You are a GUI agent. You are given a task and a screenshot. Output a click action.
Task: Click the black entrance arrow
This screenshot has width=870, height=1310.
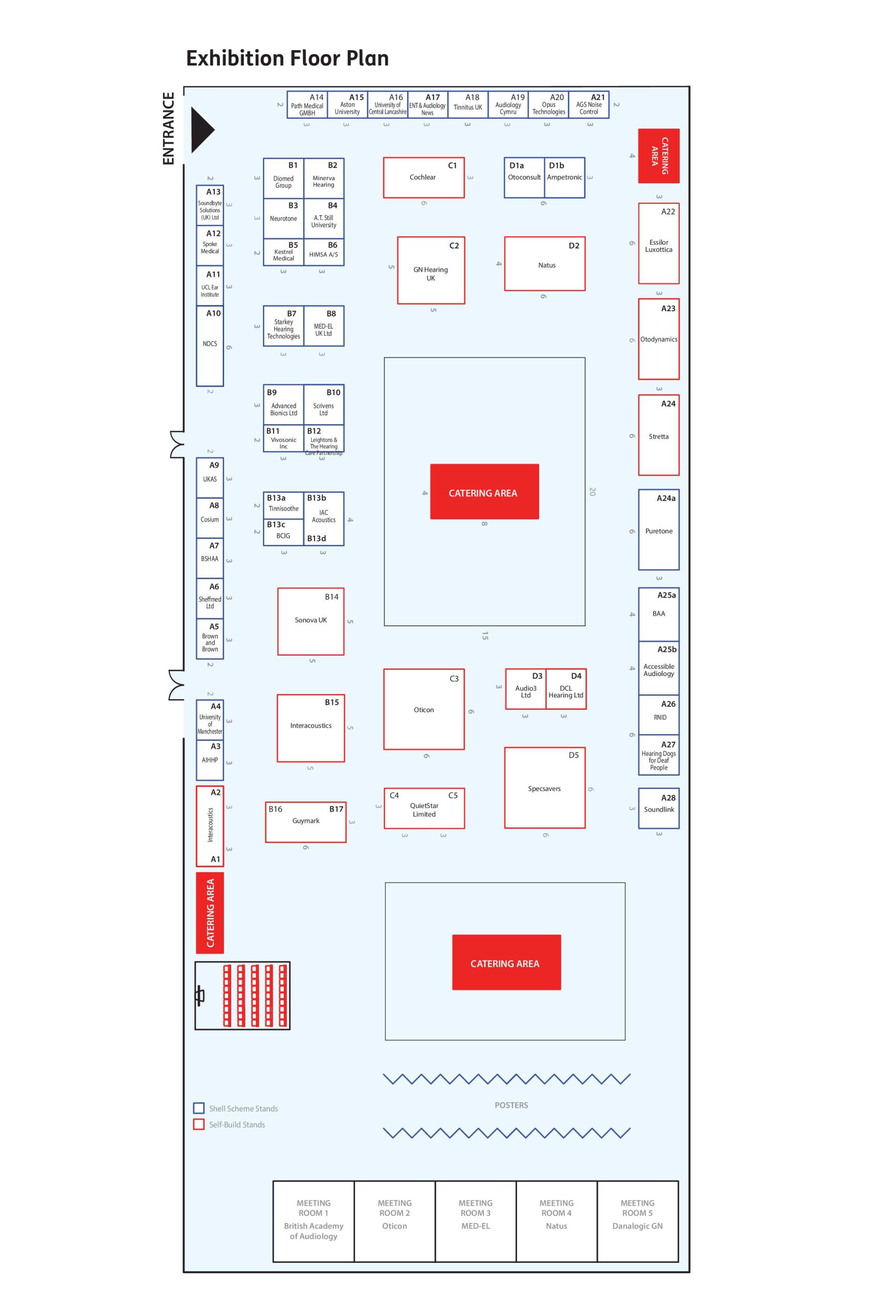(x=201, y=130)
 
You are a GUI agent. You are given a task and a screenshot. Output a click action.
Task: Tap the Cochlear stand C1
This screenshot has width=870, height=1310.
(x=423, y=178)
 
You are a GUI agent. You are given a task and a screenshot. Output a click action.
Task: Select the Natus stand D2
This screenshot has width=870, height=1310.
(x=544, y=264)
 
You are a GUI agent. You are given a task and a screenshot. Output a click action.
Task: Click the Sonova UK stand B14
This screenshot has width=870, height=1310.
(x=311, y=621)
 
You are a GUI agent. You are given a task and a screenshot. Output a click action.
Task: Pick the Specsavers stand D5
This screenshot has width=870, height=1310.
(x=544, y=788)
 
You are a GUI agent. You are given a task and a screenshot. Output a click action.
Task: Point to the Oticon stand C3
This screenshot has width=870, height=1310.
(x=423, y=709)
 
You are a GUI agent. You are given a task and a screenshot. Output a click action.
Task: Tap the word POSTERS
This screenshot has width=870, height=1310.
(x=511, y=1105)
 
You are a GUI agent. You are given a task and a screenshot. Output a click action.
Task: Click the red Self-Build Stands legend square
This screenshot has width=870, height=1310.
(x=198, y=1125)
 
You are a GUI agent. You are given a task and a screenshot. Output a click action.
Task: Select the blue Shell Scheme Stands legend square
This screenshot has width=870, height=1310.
(x=198, y=1108)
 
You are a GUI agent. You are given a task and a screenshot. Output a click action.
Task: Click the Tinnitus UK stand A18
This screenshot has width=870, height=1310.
(x=468, y=105)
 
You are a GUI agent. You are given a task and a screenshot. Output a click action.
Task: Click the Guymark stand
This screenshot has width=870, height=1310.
(x=306, y=821)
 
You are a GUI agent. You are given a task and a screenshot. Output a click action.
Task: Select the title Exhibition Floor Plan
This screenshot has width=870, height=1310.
(x=287, y=58)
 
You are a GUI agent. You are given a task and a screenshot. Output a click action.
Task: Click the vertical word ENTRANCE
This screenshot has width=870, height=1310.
(x=168, y=128)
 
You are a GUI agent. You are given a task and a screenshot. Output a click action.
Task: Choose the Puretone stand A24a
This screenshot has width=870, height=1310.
(x=659, y=530)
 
